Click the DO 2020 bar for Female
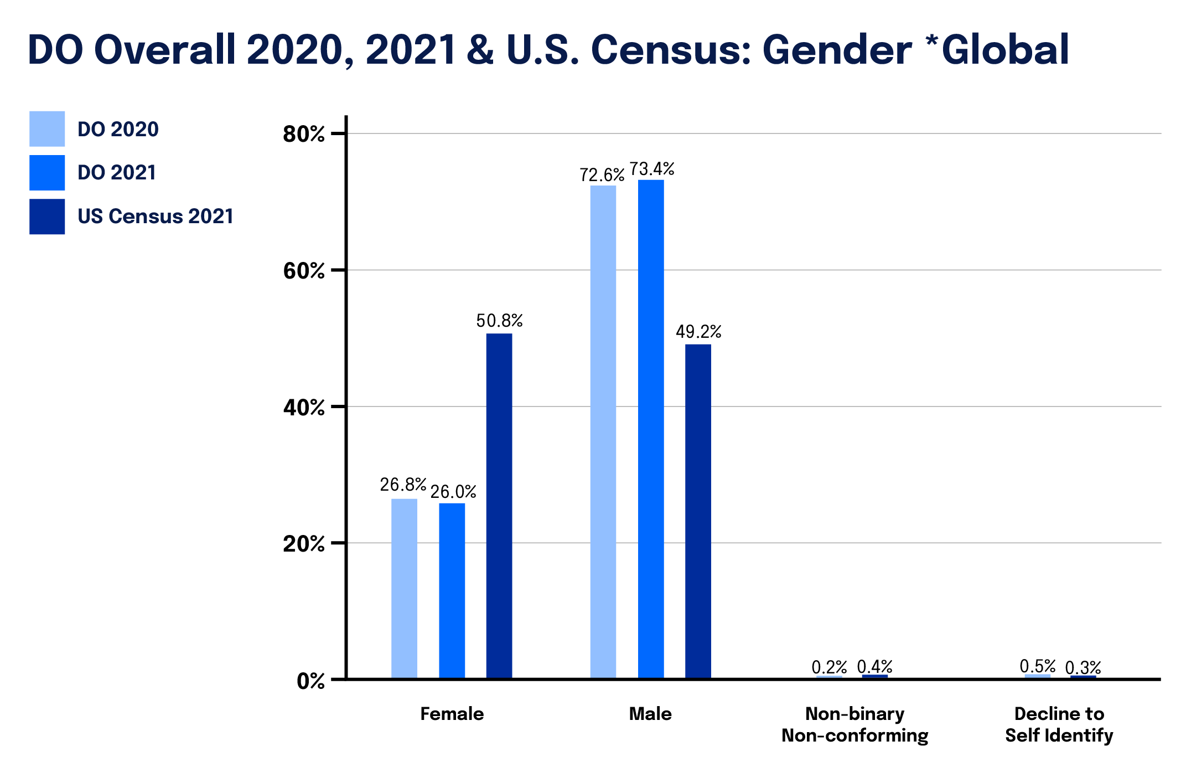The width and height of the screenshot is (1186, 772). pyautogui.click(x=404, y=588)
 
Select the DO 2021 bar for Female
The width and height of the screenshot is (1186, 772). pyautogui.click(x=452, y=590)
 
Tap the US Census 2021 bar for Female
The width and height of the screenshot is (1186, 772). pyautogui.click(x=499, y=505)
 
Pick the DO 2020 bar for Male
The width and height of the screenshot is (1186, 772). pyautogui.click(x=603, y=431)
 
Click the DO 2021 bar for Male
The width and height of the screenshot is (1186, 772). pyautogui.click(x=651, y=428)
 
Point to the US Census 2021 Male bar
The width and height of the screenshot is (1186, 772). pyautogui.click(x=698, y=511)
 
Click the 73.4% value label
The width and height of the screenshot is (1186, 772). pyautogui.click(x=652, y=169)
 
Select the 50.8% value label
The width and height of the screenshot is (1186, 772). pyautogui.click(x=499, y=321)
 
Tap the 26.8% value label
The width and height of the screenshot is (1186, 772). pyautogui.click(x=403, y=485)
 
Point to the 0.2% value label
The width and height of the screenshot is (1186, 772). pyautogui.click(x=829, y=667)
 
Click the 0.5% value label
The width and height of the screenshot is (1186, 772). pyautogui.click(x=1038, y=666)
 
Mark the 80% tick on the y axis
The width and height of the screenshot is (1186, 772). pyautogui.click(x=303, y=134)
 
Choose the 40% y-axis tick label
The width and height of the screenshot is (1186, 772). pyautogui.click(x=303, y=408)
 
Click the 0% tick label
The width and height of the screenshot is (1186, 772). pyautogui.click(x=310, y=681)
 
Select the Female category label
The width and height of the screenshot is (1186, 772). pyautogui.click(x=452, y=714)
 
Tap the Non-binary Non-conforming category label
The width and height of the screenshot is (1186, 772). pyautogui.click(x=854, y=724)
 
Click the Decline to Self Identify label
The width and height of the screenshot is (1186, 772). pyautogui.click(x=1059, y=724)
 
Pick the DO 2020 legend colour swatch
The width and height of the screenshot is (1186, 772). pyautogui.click(x=47, y=128)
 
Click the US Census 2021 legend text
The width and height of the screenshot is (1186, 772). pyautogui.click(x=156, y=217)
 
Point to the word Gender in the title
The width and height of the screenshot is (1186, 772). pyautogui.click(x=837, y=50)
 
